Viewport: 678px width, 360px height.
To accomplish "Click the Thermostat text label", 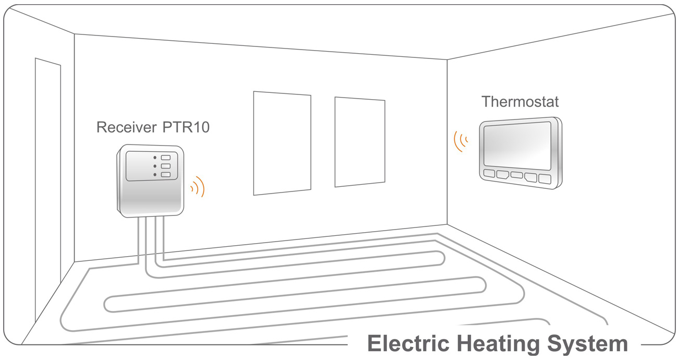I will (x=520, y=101).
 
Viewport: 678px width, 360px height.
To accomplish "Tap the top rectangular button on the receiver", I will (x=166, y=157).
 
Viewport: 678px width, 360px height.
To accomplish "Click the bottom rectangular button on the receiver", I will (x=166, y=175).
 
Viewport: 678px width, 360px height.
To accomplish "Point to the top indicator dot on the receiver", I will (x=155, y=157).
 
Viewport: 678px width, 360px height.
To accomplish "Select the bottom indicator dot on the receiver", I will (x=155, y=175).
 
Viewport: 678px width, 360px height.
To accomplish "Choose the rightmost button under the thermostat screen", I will (x=544, y=178).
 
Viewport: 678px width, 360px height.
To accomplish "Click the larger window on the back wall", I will (x=282, y=143).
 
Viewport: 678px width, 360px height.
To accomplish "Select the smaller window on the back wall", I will (x=360, y=141).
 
